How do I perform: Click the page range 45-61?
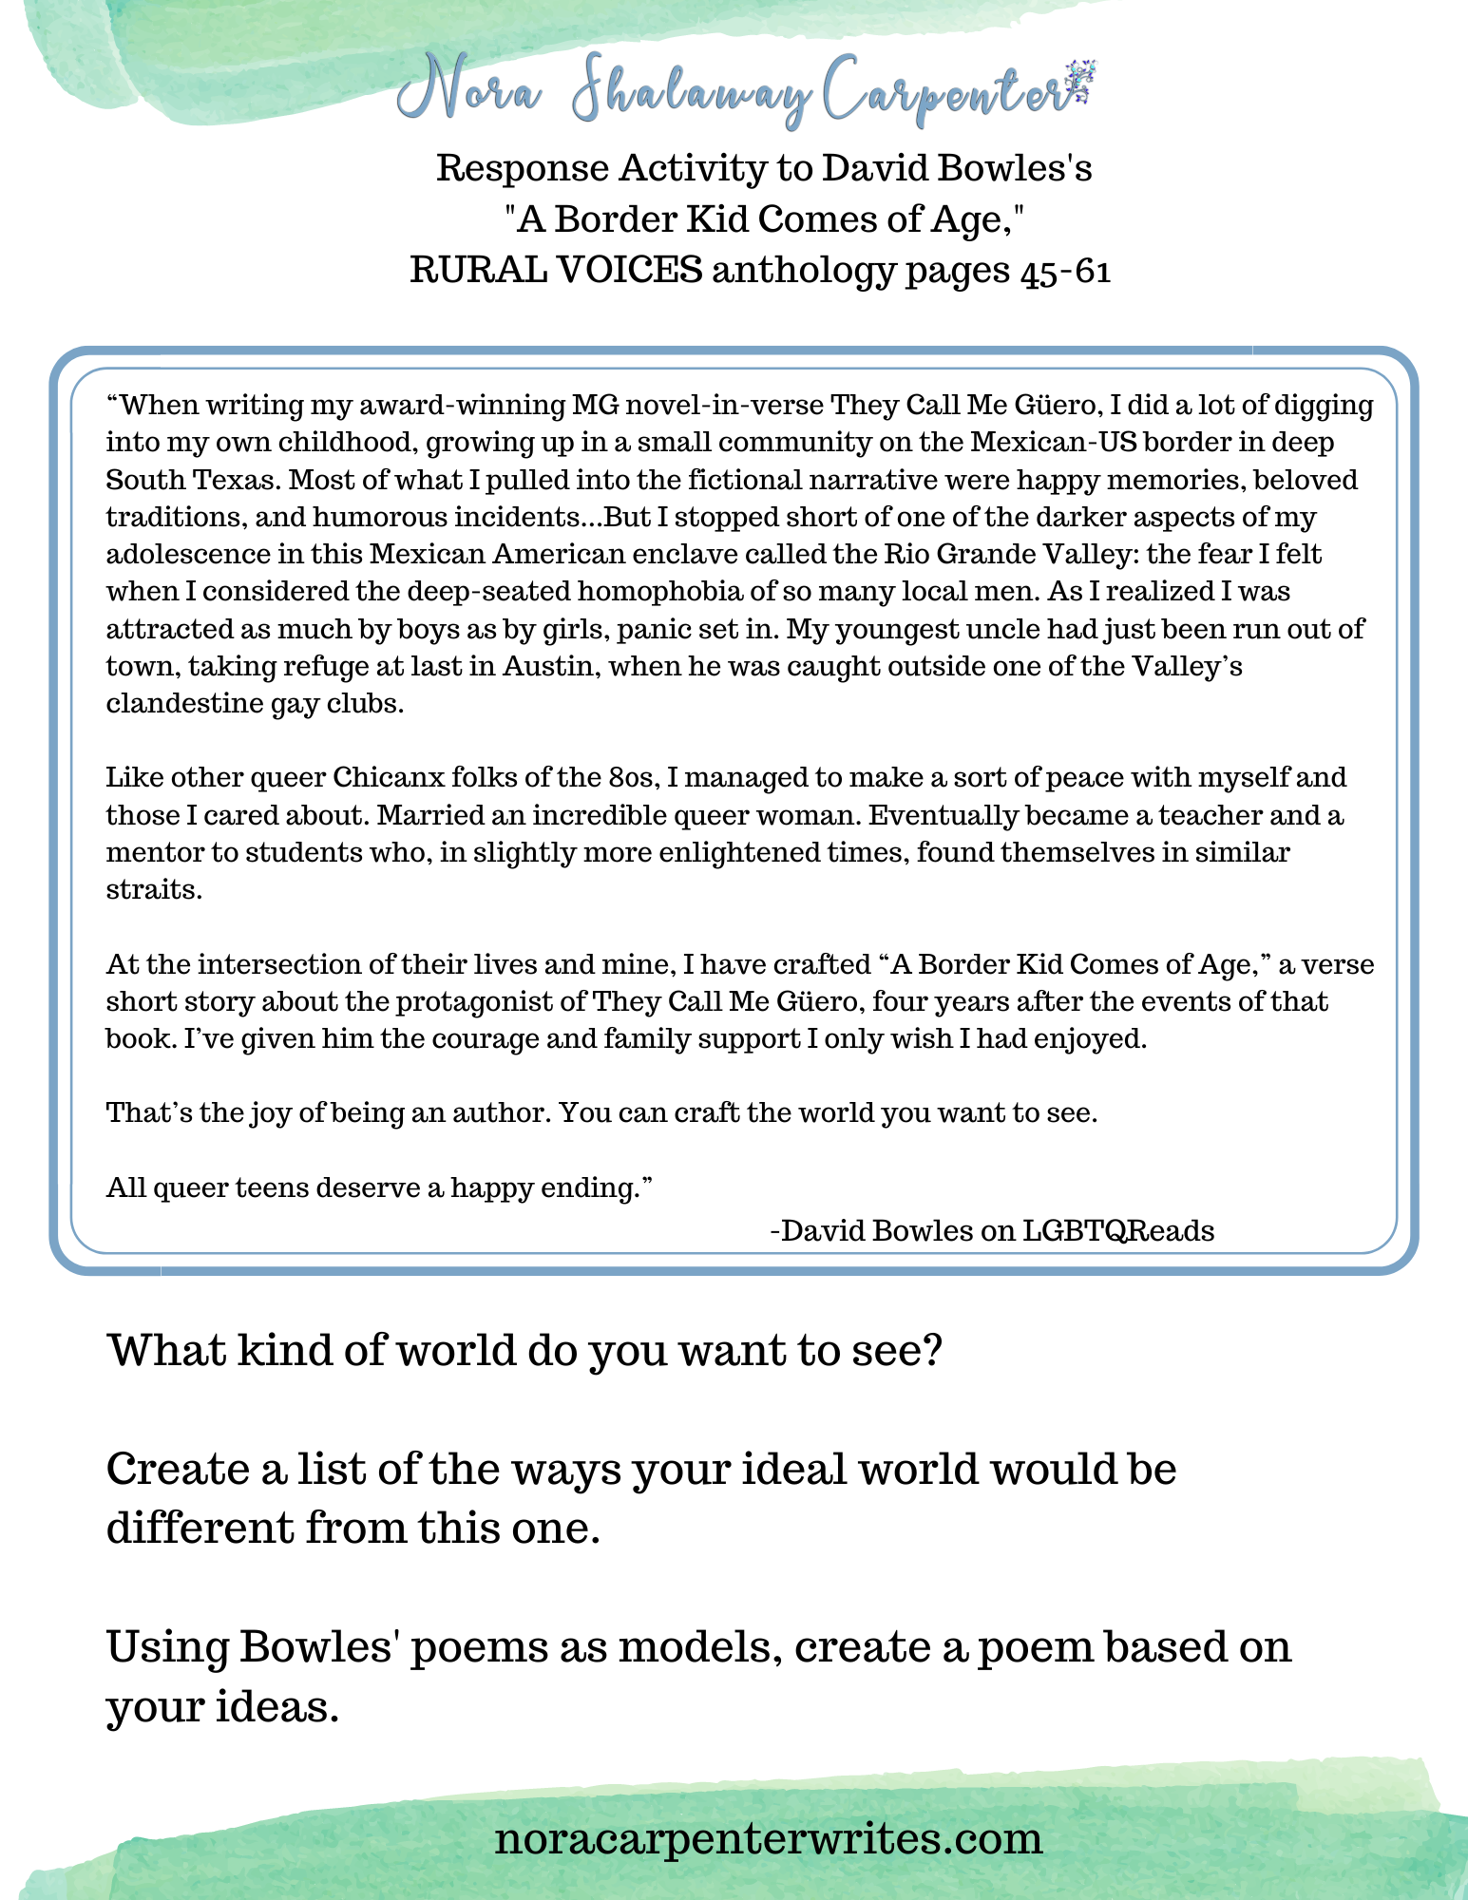tap(1065, 272)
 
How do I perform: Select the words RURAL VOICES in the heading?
tap(556, 272)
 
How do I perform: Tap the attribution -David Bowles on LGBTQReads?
tap(991, 1230)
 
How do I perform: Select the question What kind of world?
tap(524, 1350)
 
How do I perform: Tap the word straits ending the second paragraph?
tap(154, 890)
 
